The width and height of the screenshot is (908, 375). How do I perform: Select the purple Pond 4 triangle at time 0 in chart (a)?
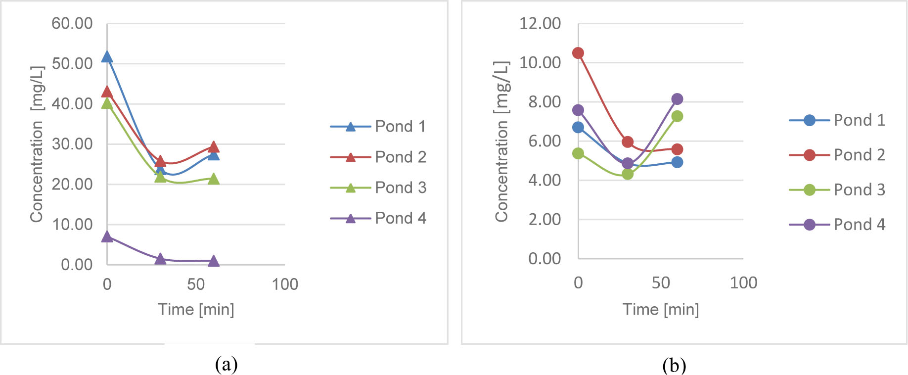[107, 237]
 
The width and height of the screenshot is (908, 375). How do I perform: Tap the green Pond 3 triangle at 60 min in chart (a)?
[213, 179]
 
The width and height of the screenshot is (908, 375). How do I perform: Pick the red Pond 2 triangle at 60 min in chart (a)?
[213, 147]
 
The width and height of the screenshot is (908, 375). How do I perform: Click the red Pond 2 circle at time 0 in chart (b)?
[578, 53]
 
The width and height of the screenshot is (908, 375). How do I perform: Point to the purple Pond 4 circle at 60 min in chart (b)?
[677, 99]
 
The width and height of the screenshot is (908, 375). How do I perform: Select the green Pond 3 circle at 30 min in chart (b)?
[628, 174]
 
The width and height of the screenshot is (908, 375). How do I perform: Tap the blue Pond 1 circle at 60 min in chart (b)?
[677, 162]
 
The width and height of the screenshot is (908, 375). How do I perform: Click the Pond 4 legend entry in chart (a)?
[379, 218]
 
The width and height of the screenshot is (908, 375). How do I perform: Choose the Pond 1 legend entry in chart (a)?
[379, 127]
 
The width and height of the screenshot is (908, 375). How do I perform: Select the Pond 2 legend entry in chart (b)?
[837, 155]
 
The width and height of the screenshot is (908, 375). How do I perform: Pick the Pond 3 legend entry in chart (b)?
[837, 189]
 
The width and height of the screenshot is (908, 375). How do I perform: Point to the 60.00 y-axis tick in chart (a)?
[72, 23]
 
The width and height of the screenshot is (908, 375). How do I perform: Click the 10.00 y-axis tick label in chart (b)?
[540, 62]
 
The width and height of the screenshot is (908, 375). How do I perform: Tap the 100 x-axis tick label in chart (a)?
[285, 284]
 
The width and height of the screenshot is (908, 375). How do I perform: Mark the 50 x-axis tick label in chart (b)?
[661, 282]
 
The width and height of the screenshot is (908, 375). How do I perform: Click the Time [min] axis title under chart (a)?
[196, 309]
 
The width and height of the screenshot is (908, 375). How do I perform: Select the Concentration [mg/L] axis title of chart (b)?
[501, 141]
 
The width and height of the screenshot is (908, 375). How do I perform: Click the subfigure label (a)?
[227, 365]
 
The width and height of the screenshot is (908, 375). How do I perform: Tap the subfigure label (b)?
[674, 366]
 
